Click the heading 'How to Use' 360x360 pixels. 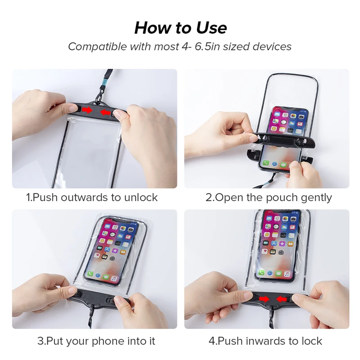click(x=180, y=28)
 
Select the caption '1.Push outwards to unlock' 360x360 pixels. click(x=92, y=197)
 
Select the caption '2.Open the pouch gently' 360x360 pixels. click(x=269, y=197)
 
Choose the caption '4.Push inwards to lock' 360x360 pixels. click(x=265, y=341)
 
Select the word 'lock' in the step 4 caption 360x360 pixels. click(x=312, y=341)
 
